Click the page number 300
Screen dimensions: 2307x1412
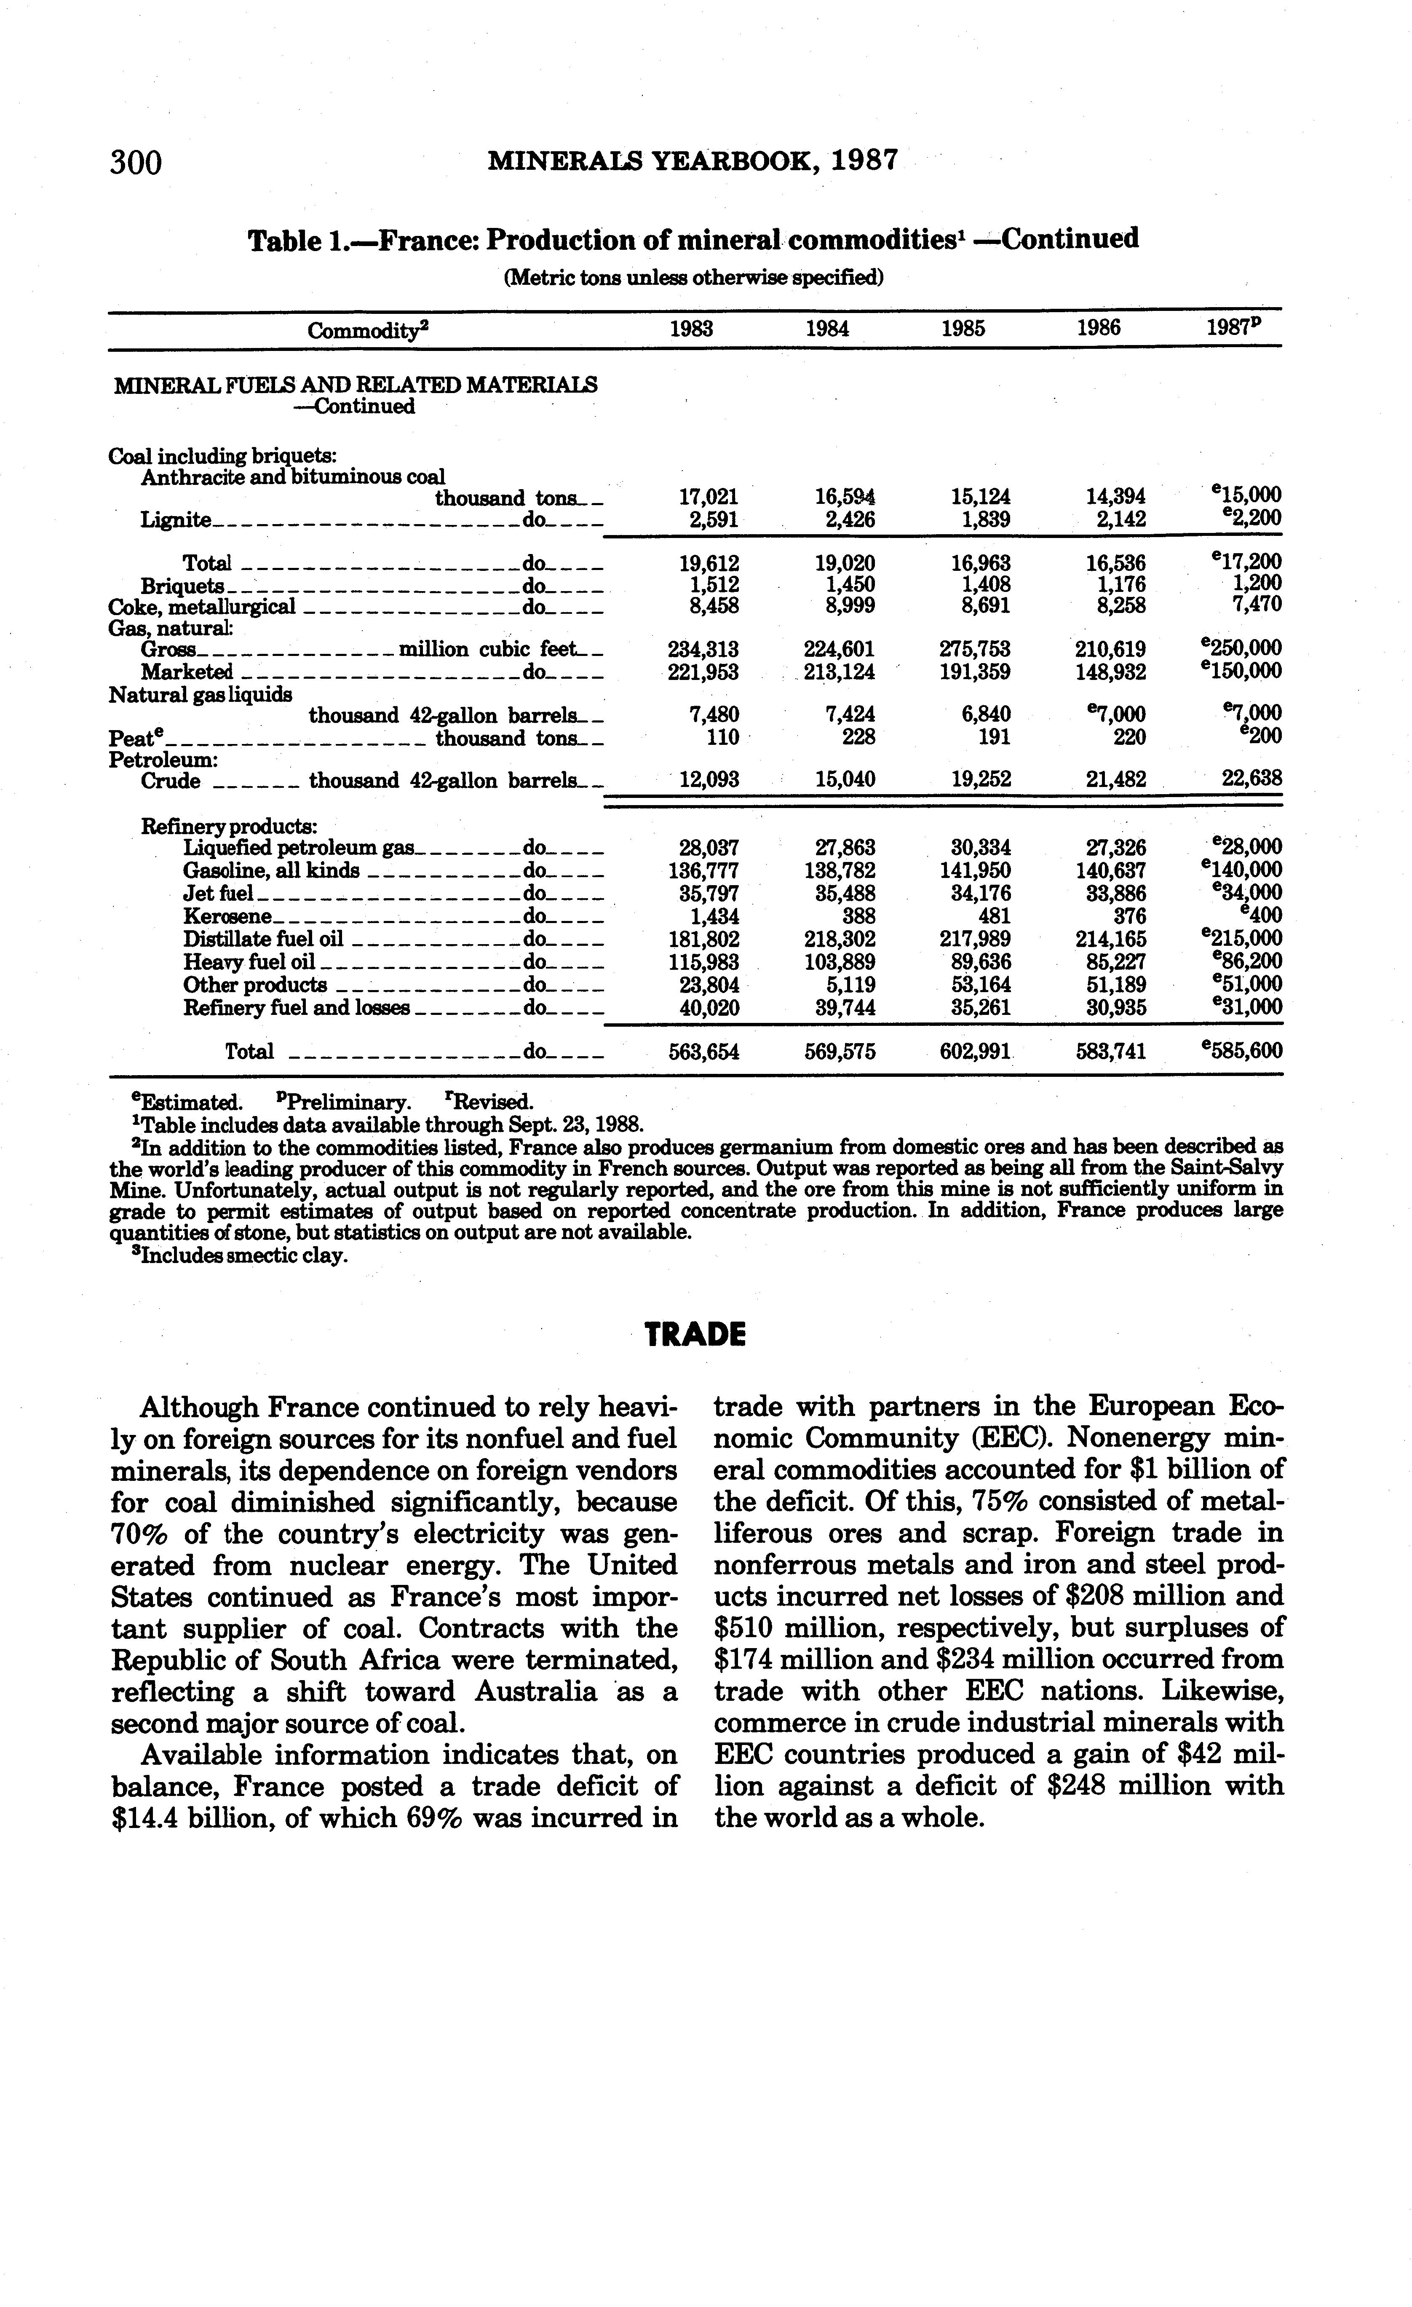[x=137, y=163]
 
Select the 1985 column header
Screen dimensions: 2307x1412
[x=963, y=329]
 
